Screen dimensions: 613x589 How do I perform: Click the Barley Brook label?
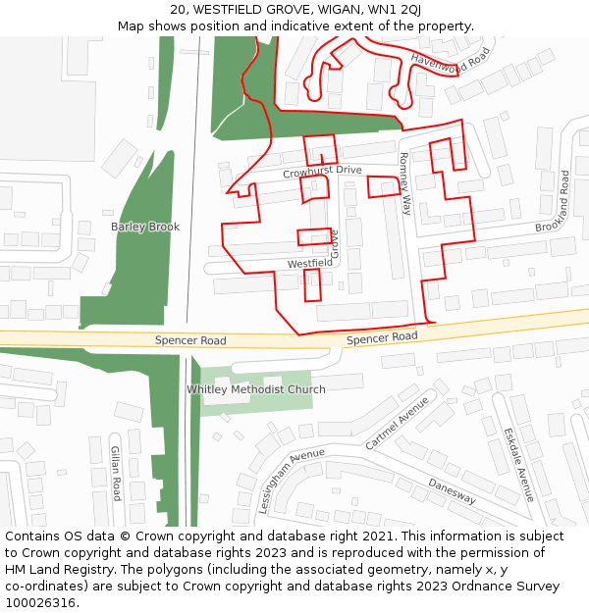[x=145, y=227]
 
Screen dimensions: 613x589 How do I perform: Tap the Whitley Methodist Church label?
[x=256, y=389]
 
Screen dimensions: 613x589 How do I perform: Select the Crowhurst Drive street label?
[x=322, y=172]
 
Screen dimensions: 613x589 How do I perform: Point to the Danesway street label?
[x=452, y=491]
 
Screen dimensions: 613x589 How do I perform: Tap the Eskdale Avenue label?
[x=519, y=464]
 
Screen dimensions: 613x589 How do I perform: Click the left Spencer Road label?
[x=190, y=341]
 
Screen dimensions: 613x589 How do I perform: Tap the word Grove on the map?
[x=334, y=244]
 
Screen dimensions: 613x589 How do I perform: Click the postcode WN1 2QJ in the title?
[x=395, y=10]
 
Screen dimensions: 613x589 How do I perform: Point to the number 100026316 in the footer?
[x=39, y=602]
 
